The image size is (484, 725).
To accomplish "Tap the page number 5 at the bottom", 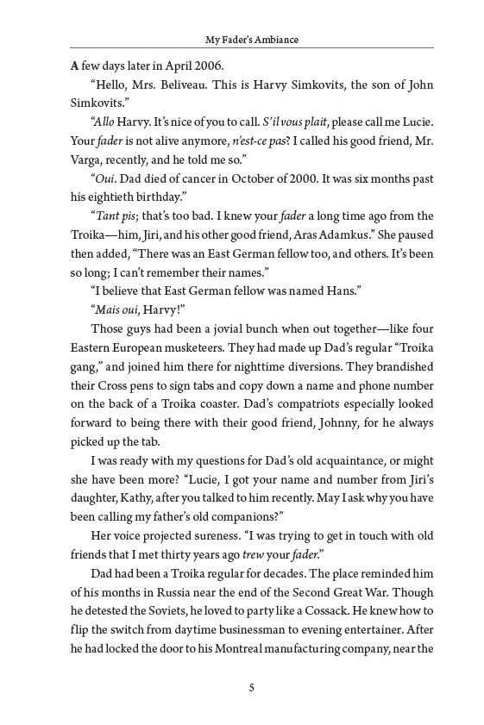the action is click(250, 687).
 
